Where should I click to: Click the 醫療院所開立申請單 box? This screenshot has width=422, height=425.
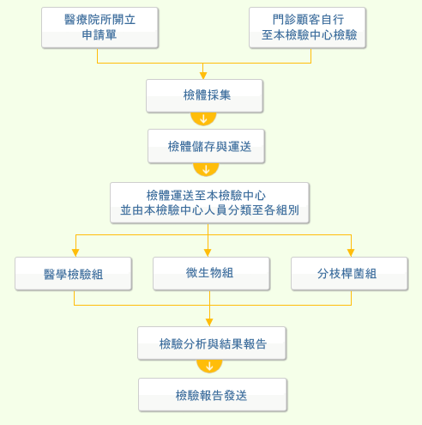tap(99, 27)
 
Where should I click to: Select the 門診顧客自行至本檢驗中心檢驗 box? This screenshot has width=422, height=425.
tap(307, 27)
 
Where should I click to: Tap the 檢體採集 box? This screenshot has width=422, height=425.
tap(204, 96)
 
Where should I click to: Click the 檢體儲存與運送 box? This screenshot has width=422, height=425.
tap(206, 146)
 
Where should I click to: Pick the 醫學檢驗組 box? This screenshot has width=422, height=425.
tap(74, 274)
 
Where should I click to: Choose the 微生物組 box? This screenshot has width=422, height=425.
tap(211, 274)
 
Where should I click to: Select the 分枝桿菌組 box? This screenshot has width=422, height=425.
tap(349, 274)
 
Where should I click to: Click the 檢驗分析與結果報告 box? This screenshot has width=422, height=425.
tap(212, 343)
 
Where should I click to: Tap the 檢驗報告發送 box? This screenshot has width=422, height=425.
tap(213, 395)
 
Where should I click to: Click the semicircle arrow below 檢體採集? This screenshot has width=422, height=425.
tap(203, 118)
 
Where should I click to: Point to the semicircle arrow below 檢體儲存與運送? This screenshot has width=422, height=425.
tap(206, 169)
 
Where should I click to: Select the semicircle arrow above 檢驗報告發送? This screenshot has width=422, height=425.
tap(209, 366)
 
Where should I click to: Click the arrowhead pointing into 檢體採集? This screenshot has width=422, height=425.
tap(203, 76)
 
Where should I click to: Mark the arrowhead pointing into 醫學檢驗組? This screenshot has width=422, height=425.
tap(75, 253)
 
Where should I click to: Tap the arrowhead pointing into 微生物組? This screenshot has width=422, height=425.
tap(208, 253)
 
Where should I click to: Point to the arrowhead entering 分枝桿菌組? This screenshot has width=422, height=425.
tap(351, 253)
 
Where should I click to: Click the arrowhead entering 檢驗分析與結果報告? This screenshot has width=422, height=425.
tap(209, 323)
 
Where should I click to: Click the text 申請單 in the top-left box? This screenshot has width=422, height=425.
tap(99, 35)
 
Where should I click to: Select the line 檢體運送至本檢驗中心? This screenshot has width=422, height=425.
tap(206, 196)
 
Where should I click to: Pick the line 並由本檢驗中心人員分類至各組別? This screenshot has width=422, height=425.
tap(209, 210)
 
